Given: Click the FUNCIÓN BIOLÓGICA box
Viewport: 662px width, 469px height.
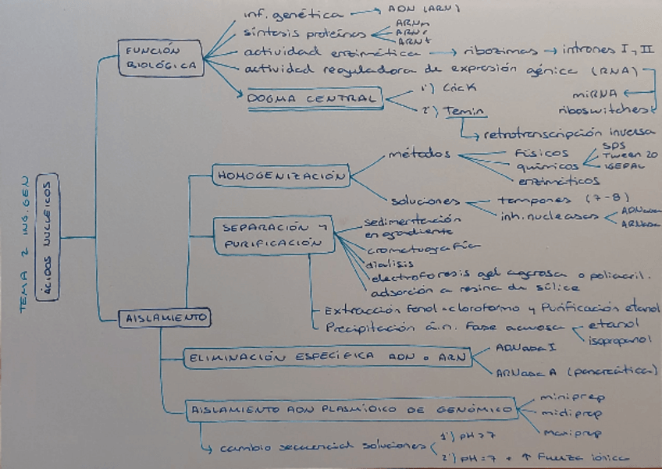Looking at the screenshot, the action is point(162,59).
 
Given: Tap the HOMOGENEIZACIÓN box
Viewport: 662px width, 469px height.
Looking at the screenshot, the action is point(280,176).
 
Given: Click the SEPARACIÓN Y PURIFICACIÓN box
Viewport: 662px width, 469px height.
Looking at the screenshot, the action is point(272,235).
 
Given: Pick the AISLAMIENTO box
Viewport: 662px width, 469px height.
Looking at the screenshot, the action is point(165,318).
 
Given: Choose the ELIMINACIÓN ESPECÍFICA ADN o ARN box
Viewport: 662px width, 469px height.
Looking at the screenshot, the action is point(326,358).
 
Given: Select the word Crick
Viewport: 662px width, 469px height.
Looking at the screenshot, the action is point(454,88).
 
